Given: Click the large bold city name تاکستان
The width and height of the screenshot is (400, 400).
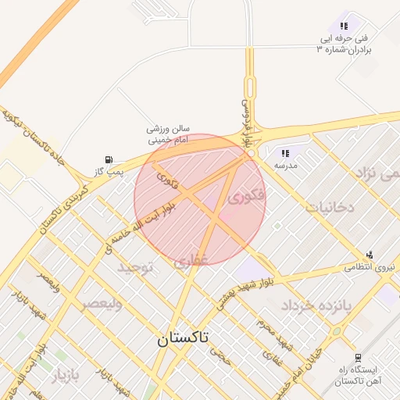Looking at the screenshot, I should click(x=183, y=338).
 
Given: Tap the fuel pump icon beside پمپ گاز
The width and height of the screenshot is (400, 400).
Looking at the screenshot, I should click(x=108, y=159).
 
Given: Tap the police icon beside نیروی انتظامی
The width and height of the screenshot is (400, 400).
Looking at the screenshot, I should click(x=369, y=254).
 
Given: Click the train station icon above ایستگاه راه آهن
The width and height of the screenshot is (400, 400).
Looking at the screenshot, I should click(x=357, y=357).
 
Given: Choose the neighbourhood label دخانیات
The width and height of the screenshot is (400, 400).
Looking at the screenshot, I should click(x=330, y=208).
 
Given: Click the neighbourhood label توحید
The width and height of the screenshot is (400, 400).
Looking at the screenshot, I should click(x=137, y=267).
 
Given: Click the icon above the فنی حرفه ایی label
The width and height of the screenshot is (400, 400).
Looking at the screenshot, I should click(x=344, y=26).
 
